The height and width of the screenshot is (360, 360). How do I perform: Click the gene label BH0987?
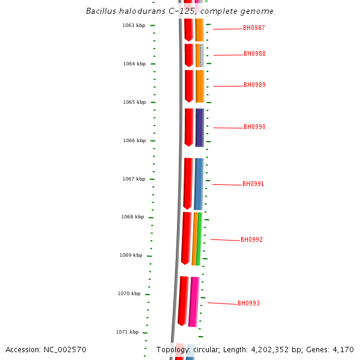[x=254, y=28]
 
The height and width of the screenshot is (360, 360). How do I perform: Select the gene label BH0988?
[x=254, y=54]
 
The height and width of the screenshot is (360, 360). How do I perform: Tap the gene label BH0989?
[x=254, y=85]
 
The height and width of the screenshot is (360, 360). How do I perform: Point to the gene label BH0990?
[x=254, y=127]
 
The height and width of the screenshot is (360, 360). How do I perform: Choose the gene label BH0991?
[x=253, y=184]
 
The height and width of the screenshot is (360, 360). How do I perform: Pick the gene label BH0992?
[x=251, y=240]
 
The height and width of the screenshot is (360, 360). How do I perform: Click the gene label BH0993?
[x=248, y=304]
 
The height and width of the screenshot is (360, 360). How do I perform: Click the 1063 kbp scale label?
[x=134, y=25]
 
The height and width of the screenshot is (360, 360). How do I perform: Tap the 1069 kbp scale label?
[x=131, y=255]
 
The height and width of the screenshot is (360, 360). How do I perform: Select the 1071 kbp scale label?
[x=127, y=332]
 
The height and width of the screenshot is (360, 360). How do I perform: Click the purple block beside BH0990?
[x=200, y=127]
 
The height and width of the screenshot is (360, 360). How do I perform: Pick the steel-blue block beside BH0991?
[x=199, y=184]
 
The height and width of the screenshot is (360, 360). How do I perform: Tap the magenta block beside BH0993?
[x=193, y=301]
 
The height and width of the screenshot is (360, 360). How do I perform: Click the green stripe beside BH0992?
[x=199, y=239]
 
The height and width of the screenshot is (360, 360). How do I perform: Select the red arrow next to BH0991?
[x=188, y=183]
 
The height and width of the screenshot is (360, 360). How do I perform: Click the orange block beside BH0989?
[x=200, y=86]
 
